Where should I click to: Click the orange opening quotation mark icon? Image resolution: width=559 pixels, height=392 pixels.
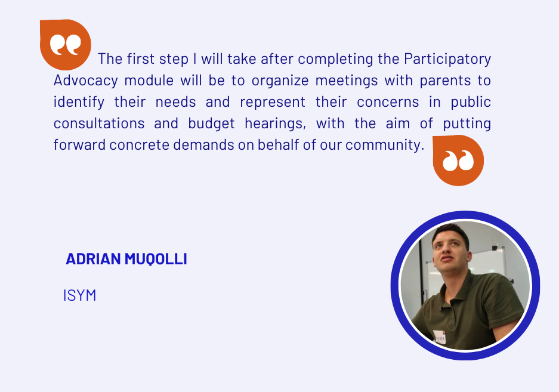coord(65,45)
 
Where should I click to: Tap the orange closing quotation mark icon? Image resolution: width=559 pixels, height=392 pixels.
coord(458,160)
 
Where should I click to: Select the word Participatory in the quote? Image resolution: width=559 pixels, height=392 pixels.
coord(447,60)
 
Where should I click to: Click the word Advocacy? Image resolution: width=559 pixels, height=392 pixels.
coord(85,81)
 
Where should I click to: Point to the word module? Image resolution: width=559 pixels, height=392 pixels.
coord(149,81)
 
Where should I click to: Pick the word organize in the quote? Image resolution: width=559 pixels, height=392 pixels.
coord(280,81)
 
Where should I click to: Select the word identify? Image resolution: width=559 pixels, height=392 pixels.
coord(79,103)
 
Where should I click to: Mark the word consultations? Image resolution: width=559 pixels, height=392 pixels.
coord(99,124)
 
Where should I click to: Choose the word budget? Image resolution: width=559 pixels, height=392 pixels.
coord(211,124)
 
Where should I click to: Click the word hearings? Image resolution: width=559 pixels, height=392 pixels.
coord(275,124)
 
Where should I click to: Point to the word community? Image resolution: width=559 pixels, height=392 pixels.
coord(385,146)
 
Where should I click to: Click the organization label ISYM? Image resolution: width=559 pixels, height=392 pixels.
coord(79,295)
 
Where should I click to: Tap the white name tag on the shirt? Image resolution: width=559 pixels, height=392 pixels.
coord(440,337)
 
